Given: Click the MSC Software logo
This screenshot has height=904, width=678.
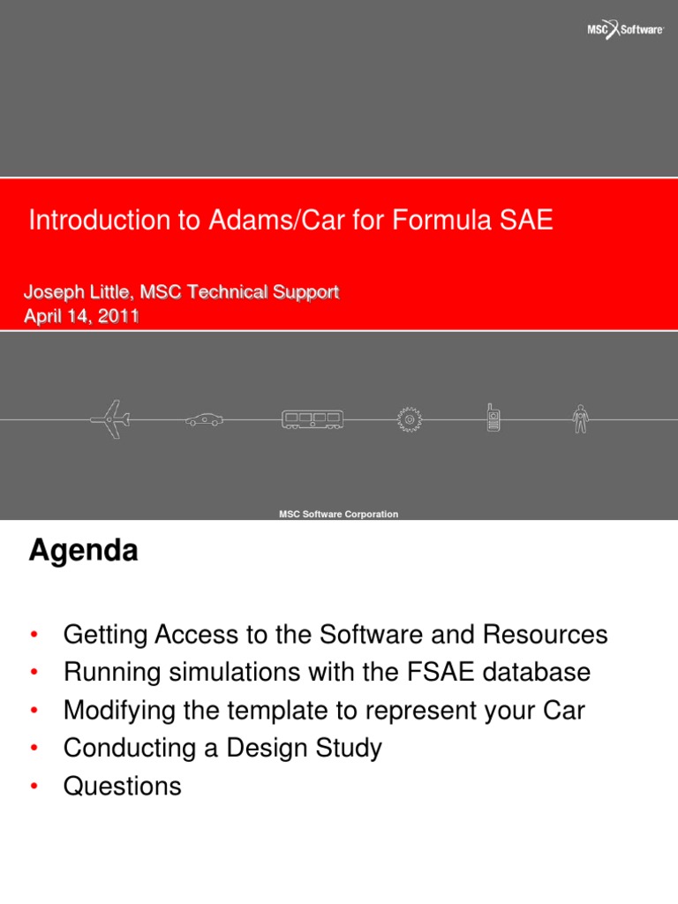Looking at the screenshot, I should tap(626, 30).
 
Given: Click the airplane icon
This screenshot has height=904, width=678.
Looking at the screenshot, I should tap(109, 419).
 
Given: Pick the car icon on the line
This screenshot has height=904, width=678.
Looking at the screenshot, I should tap(204, 420).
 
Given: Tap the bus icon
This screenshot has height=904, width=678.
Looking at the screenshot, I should tap(313, 419).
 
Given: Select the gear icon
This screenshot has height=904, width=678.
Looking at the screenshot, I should tap(409, 419).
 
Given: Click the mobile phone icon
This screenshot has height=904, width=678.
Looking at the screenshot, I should tap(493, 418).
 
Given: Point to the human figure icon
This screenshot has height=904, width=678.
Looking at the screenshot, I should tap(580, 418).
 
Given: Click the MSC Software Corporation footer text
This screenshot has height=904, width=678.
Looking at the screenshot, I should tap(338, 514).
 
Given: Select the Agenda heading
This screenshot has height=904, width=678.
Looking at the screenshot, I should tap(83, 552).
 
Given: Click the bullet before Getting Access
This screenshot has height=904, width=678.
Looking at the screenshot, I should tap(34, 636).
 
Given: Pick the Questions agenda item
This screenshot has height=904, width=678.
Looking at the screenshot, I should tap(122, 787).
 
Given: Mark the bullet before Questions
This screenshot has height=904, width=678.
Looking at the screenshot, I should tap(34, 787).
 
